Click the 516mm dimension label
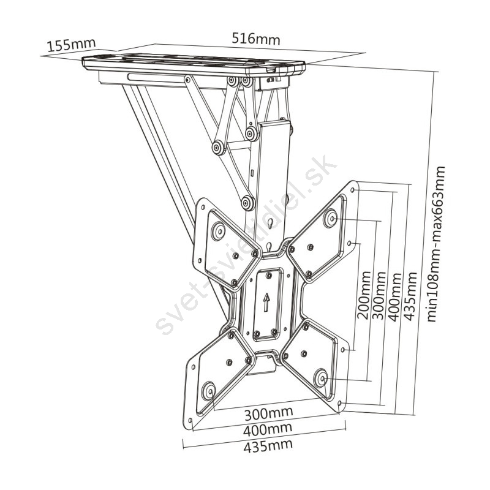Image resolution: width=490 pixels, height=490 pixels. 256,39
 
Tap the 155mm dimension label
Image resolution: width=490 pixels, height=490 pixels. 71,45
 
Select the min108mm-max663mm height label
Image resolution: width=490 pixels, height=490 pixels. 436,244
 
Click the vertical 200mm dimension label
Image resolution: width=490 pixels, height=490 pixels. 364,295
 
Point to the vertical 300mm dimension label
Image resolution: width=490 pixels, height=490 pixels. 379,295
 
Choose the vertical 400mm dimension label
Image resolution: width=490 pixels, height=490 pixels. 394,297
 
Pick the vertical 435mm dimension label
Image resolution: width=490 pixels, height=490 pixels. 410,296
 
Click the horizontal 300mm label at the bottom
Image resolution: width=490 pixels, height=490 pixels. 268,414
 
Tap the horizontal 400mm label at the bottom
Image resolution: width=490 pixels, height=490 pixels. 268,430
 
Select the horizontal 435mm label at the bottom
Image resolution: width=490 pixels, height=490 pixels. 268,446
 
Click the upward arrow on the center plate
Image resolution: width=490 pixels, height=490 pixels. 266,302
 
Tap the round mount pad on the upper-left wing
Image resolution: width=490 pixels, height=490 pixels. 218,232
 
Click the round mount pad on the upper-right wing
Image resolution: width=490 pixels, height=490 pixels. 331,217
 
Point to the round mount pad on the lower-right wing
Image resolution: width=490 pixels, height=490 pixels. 321,378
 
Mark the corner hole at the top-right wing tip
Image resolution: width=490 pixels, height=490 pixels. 353,190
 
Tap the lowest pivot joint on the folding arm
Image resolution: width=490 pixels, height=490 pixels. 248,203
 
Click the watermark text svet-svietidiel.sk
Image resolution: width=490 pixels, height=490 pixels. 246,244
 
